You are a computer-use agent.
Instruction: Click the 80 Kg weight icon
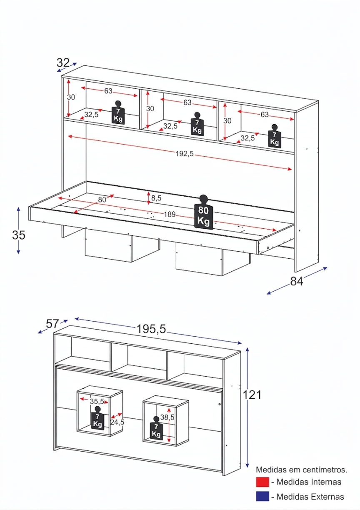pyautogui.click(x=203, y=212)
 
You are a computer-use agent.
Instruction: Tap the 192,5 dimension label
pyautogui.click(x=185, y=154)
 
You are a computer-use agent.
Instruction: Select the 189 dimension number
pyautogui.click(x=170, y=214)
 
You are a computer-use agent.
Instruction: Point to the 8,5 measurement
pyautogui.click(x=156, y=198)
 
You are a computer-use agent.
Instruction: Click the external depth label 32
pyautogui.click(x=63, y=62)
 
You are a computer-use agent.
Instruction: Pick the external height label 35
pyautogui.click(x=19, y=235)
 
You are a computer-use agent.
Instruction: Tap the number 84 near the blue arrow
pyautogui.click(x=297, y=281)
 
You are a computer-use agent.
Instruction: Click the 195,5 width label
pyautogui.click(x=151, y=329)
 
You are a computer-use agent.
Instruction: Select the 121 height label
pyautogui.click(x=252, y=395)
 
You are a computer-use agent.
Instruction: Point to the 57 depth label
pyautogui.click(x=52, y=324)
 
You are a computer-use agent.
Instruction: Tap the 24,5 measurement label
pyautogui.click(x=117, y=422)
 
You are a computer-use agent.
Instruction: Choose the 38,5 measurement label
pyautogui.click(x=167, y=417)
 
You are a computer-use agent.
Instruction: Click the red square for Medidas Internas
pyautogui.click(x=262, y=482)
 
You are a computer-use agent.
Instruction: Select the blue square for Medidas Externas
pyautogui.click(x=262, y=496)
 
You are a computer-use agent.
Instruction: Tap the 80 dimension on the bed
pyautogui.click(x=102, y=200)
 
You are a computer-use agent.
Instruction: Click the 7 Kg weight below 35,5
pyautogui.click(x=97, y=418)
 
